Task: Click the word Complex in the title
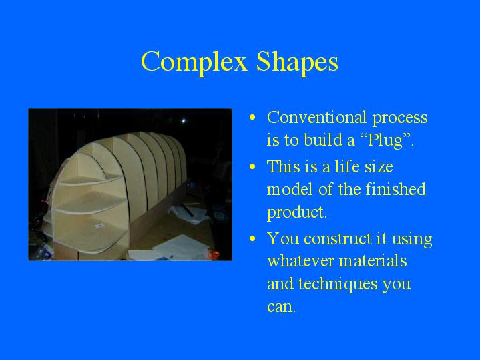tap(194, 62)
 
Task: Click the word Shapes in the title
tap(297, 62)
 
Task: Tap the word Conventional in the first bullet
tap(317, 117)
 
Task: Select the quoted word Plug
tap(385, 140)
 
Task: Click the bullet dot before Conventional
tap(252, 117)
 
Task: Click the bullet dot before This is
tap(252, 167)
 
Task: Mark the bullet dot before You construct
tap(252, 238)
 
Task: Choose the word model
tap(290, 189)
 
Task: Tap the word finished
tap(395, 189)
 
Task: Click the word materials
tap(373, 261)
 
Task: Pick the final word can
tap(282, 307)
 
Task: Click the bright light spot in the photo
tap(184, 121)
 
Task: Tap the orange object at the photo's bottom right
tap(214, 254)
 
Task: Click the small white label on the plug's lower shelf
tap(99, 226)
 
